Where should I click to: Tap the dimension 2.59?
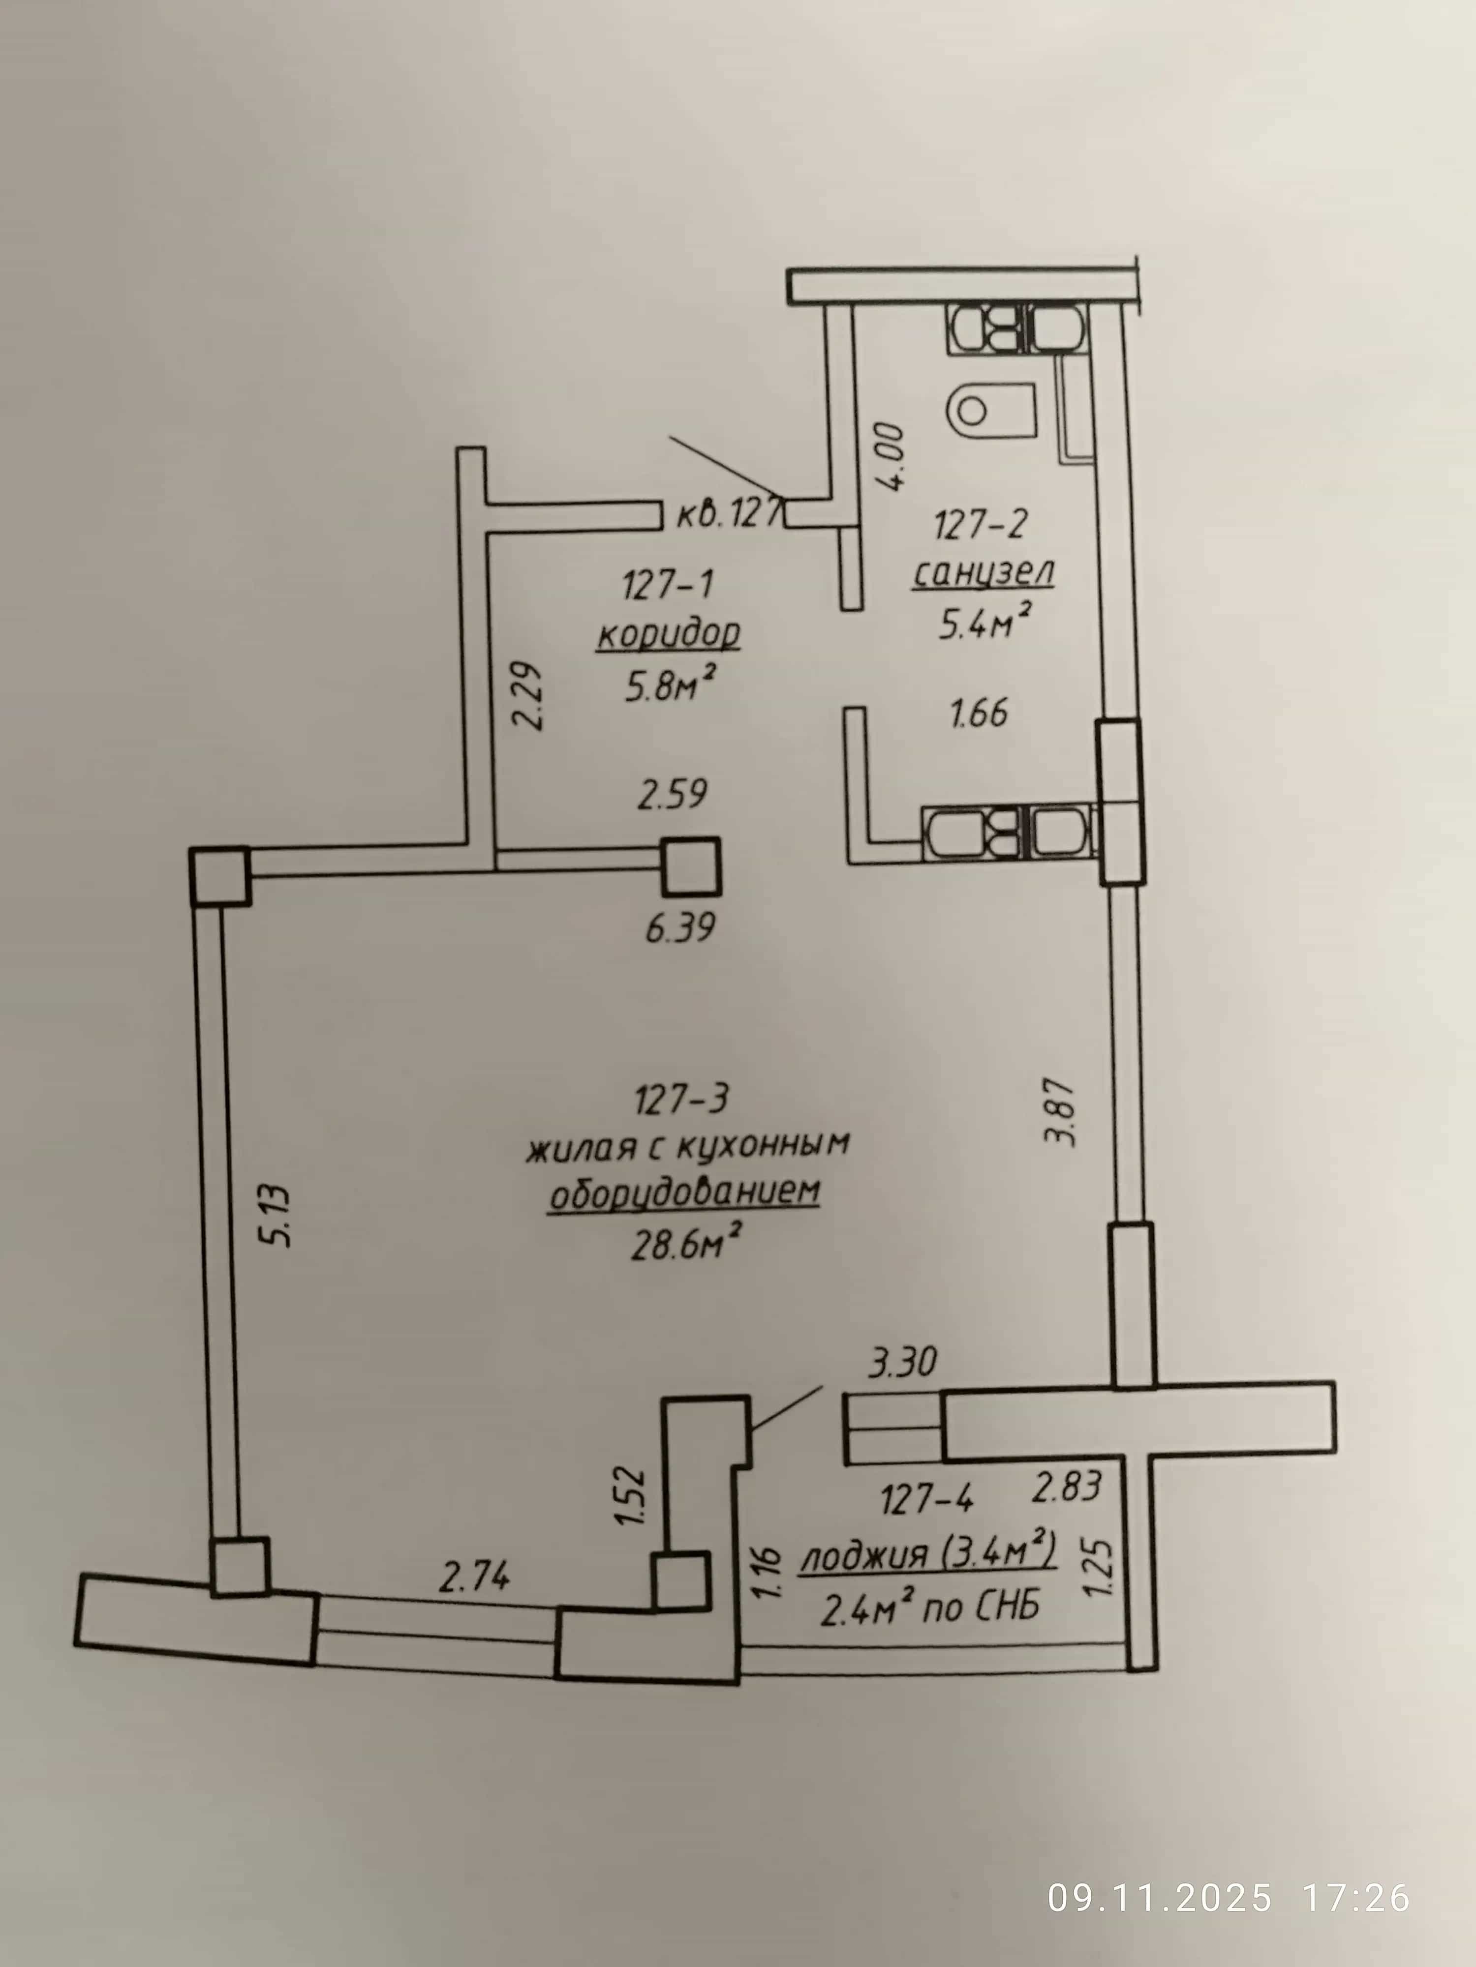673,794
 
